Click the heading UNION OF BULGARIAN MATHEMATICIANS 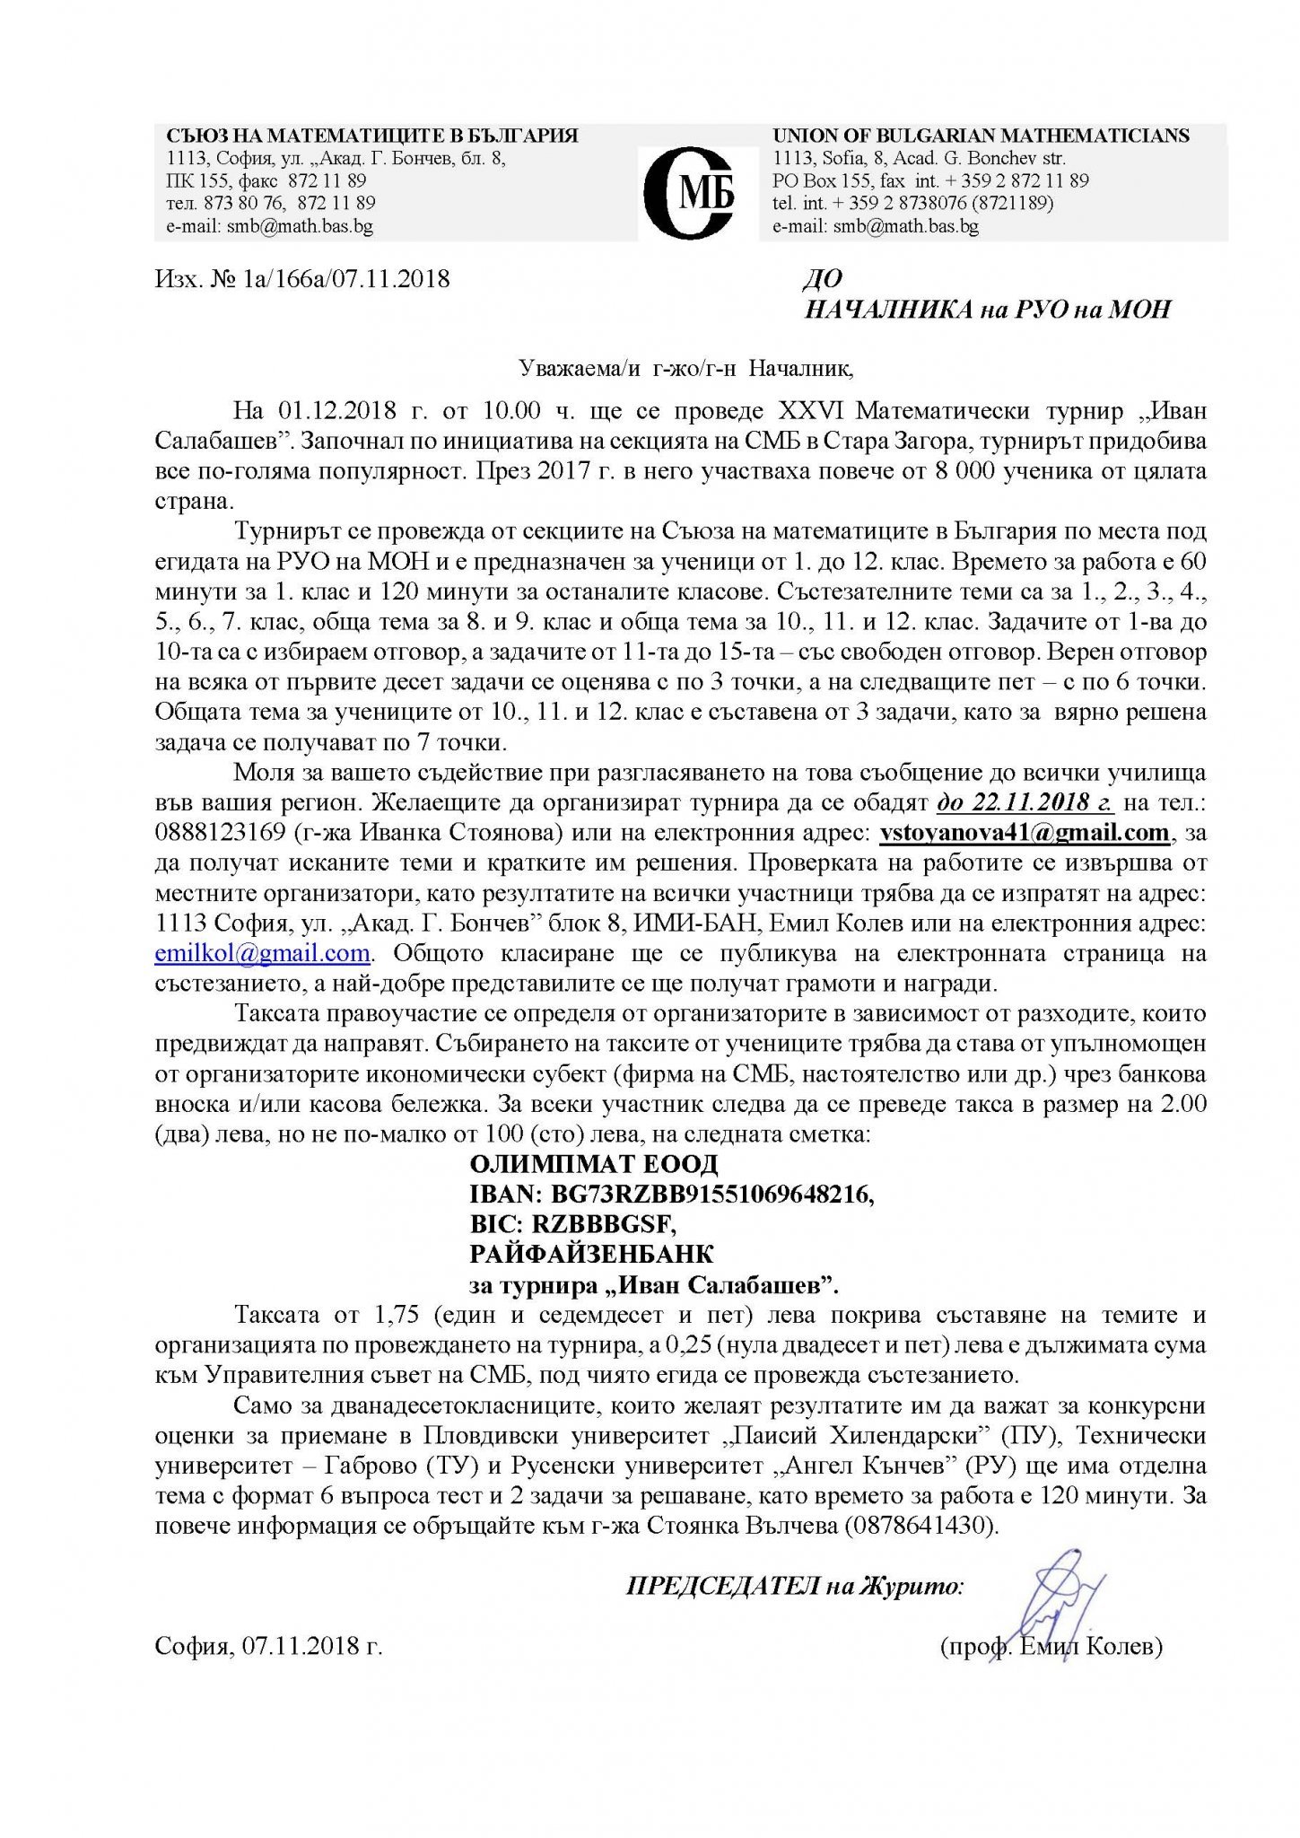pos(981,136)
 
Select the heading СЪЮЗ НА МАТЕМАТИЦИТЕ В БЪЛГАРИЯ pos(371,136)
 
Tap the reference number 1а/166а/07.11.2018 pos(345,278)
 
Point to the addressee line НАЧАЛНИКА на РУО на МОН pos(988,310)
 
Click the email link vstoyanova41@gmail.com pos(1024,832)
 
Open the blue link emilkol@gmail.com pos(262,953)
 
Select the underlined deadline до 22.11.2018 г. pos(1025,801)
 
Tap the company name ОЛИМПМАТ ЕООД pos(594,1164)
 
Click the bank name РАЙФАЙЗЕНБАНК pos(591,1254)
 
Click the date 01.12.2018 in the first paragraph pos(336,410)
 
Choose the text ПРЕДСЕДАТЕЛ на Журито pos(794,1587)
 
